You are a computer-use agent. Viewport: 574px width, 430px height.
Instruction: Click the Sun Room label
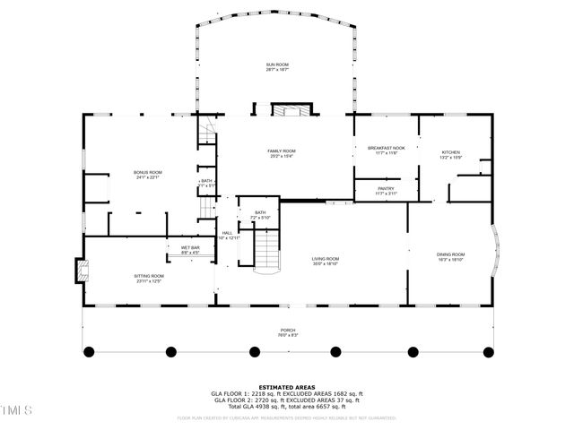pyautogui.click(x=277, y=65)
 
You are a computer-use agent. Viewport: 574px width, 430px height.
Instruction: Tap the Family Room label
pyautogui.click(x=281, y=150)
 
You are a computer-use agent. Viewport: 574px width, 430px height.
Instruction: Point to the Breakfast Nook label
pyautogui.click(x=386, y=149)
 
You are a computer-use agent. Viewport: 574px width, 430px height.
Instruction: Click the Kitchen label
pyautogui.click(x=450, y=153)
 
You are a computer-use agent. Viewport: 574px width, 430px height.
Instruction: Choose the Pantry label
pyautogui.click(x=386, y=188)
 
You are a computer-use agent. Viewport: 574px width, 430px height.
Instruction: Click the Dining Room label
pyautogui.click(x=450, y=254)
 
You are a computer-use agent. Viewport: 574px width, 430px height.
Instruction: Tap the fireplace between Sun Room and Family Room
pyautogui.click(x=292, y=111)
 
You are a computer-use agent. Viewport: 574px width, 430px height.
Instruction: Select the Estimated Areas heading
pyautogui.click(x=286, y=387)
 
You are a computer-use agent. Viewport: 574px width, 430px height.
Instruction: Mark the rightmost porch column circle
pyautogui.click(x=488, y=351)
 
